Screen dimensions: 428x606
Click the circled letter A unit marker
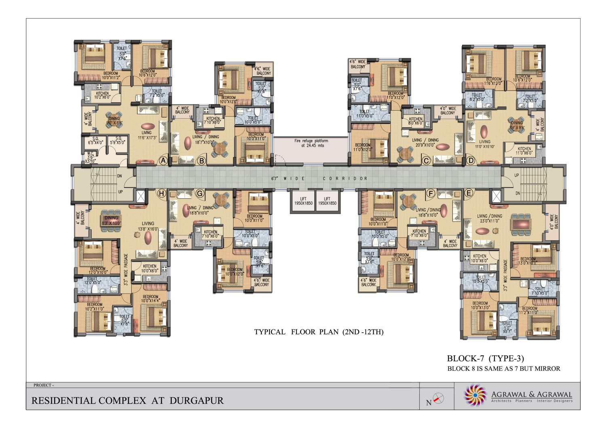pyautogui.click(x=163, y=160)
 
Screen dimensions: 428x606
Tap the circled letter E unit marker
pyautogui.click(x=469, y=193)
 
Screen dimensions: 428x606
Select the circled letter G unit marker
pyautogui.click(x=200, y=194)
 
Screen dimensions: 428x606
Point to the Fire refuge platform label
pyautogui.click(x=311, y=143)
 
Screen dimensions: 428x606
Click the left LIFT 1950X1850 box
pyautogui.click(x=303, y=201)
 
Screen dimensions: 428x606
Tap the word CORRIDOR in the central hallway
pyautogui.click(x=345, y=178)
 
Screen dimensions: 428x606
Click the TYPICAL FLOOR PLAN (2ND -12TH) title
pyautogui.click(x=319, y=332)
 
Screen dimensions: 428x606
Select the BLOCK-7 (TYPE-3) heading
pyautogui.click(x=485, y=358)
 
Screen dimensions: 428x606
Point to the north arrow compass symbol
pyautogui.click(x=438, y=399)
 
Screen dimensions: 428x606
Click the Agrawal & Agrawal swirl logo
pyautogui.click(x=475, y=395)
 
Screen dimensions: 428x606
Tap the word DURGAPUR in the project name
pyautogui.click(x=196, y=401)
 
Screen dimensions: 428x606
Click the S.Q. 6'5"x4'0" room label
pyautogui.click(x=96, y=141)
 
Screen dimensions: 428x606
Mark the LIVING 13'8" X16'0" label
pyautogui.click(x=147, y=226)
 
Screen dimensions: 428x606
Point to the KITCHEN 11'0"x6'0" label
pyautogui.click(x=524, y=151)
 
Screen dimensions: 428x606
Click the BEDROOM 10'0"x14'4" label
pyautogui.click(x=151, y=299)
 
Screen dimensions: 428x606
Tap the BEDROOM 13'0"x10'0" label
pyautogui.click(x=528, y=261)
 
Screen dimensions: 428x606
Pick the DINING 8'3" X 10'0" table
pyautogui.click(x=110, y=220)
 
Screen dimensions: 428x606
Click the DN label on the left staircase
pyautogui.click(x=120, y=176)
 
